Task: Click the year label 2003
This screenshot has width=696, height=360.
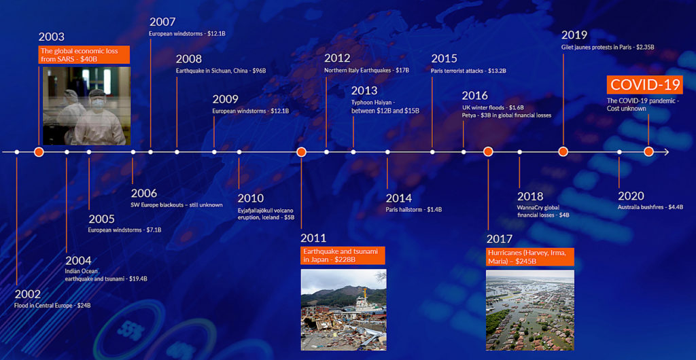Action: (x=52, y=37)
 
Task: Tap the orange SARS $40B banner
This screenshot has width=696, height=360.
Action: (x=84, y=54)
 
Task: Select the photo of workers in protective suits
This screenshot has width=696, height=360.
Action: (x=87, y=106)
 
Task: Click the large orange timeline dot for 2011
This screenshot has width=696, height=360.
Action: (x=301, y=152)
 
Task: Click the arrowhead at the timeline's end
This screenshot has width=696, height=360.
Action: (x=666, y=152)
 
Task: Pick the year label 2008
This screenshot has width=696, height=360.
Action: (x=189, y=59)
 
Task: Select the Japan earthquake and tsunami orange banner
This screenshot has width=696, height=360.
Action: (x=343, y=255)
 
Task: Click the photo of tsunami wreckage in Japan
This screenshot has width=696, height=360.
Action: (x=343, y=310)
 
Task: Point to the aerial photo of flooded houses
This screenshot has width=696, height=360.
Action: (x=530, y=310)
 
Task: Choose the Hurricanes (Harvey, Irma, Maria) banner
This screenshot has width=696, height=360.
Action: (x=530, y=257)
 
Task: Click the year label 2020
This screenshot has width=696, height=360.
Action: (x=631, y=196)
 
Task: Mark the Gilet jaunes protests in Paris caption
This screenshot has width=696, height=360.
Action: (x=608, y=47)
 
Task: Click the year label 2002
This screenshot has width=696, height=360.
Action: (x=28, y=294)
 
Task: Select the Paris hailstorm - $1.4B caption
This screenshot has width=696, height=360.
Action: (x=414, y=209)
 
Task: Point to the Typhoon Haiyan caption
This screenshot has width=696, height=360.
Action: (x=385, y=107)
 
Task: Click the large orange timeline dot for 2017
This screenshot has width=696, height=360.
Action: (x=488, y=151)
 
